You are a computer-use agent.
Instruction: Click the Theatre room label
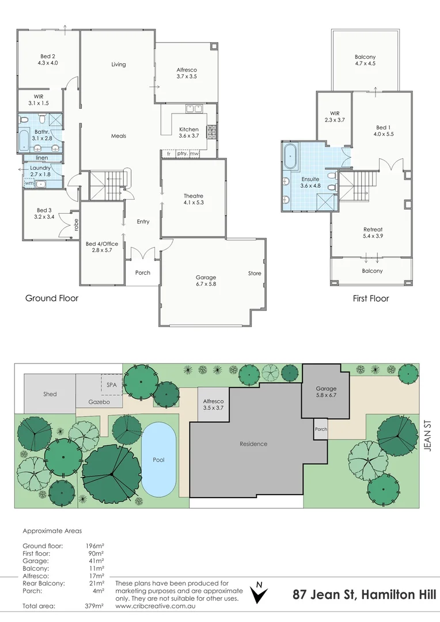point(193,195)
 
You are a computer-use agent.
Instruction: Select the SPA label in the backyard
point(111,384)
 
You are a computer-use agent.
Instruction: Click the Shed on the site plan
point(50,394)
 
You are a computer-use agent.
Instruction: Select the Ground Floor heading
point(51,298)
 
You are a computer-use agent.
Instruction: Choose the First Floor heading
point(370,298)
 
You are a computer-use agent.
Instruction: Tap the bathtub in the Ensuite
point(290,157)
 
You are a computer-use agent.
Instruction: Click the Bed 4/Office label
point(102,244)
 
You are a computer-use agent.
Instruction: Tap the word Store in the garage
point(255,273)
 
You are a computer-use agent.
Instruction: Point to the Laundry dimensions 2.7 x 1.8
point(40,174)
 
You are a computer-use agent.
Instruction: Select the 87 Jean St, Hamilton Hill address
point(363,594)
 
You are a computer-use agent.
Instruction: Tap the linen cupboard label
point(41,157)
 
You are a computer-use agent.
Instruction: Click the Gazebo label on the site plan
point(99,402)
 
